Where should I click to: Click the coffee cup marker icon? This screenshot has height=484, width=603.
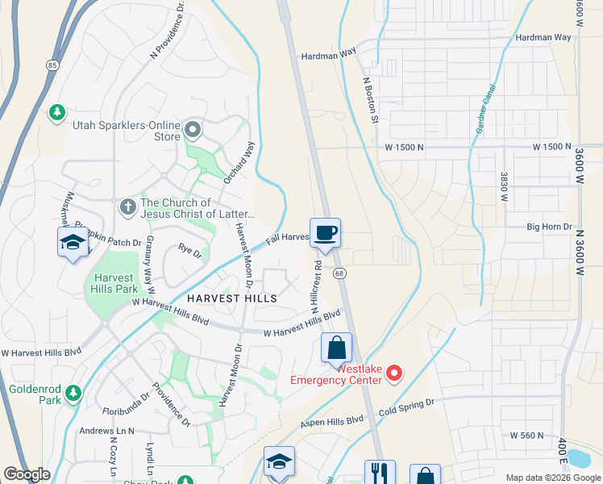(325, 234)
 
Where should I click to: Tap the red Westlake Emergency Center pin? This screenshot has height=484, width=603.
(394, 373)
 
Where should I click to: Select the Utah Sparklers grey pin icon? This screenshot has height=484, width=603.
(192, 129)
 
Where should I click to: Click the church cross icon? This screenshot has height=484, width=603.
(127, 207)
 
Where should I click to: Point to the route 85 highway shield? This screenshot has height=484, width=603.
(52, 65)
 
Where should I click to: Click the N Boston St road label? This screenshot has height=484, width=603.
(372, 100)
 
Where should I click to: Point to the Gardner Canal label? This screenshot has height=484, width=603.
(485, 113)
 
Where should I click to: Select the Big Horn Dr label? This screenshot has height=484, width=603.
(550, 227)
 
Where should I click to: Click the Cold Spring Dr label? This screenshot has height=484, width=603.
(406, 403)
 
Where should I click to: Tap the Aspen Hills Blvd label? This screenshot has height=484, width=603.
(333, 420)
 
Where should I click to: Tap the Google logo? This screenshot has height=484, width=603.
(27, 474)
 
